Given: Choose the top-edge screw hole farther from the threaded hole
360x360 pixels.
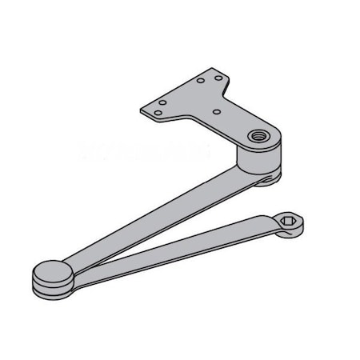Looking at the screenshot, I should (202, 80).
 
